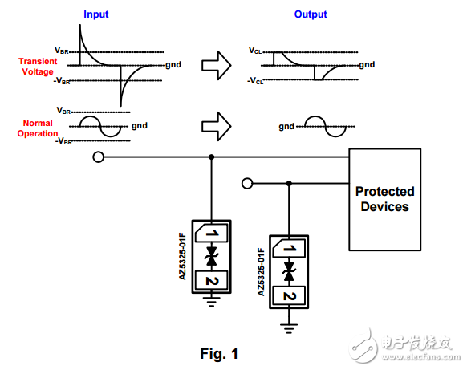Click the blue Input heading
pos(96,14)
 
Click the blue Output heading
pos(311,14)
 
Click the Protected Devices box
pos(384,199)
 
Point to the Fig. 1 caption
pos(218,352)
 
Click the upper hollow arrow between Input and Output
pos(216,61)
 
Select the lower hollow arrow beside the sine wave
pos(216,124)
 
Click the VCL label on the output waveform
pos(256,50)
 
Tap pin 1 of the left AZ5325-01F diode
pos(212,234)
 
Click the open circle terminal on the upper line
pos(99,157)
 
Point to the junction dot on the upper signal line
pos(212,157)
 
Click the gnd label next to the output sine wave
pos(286,126)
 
